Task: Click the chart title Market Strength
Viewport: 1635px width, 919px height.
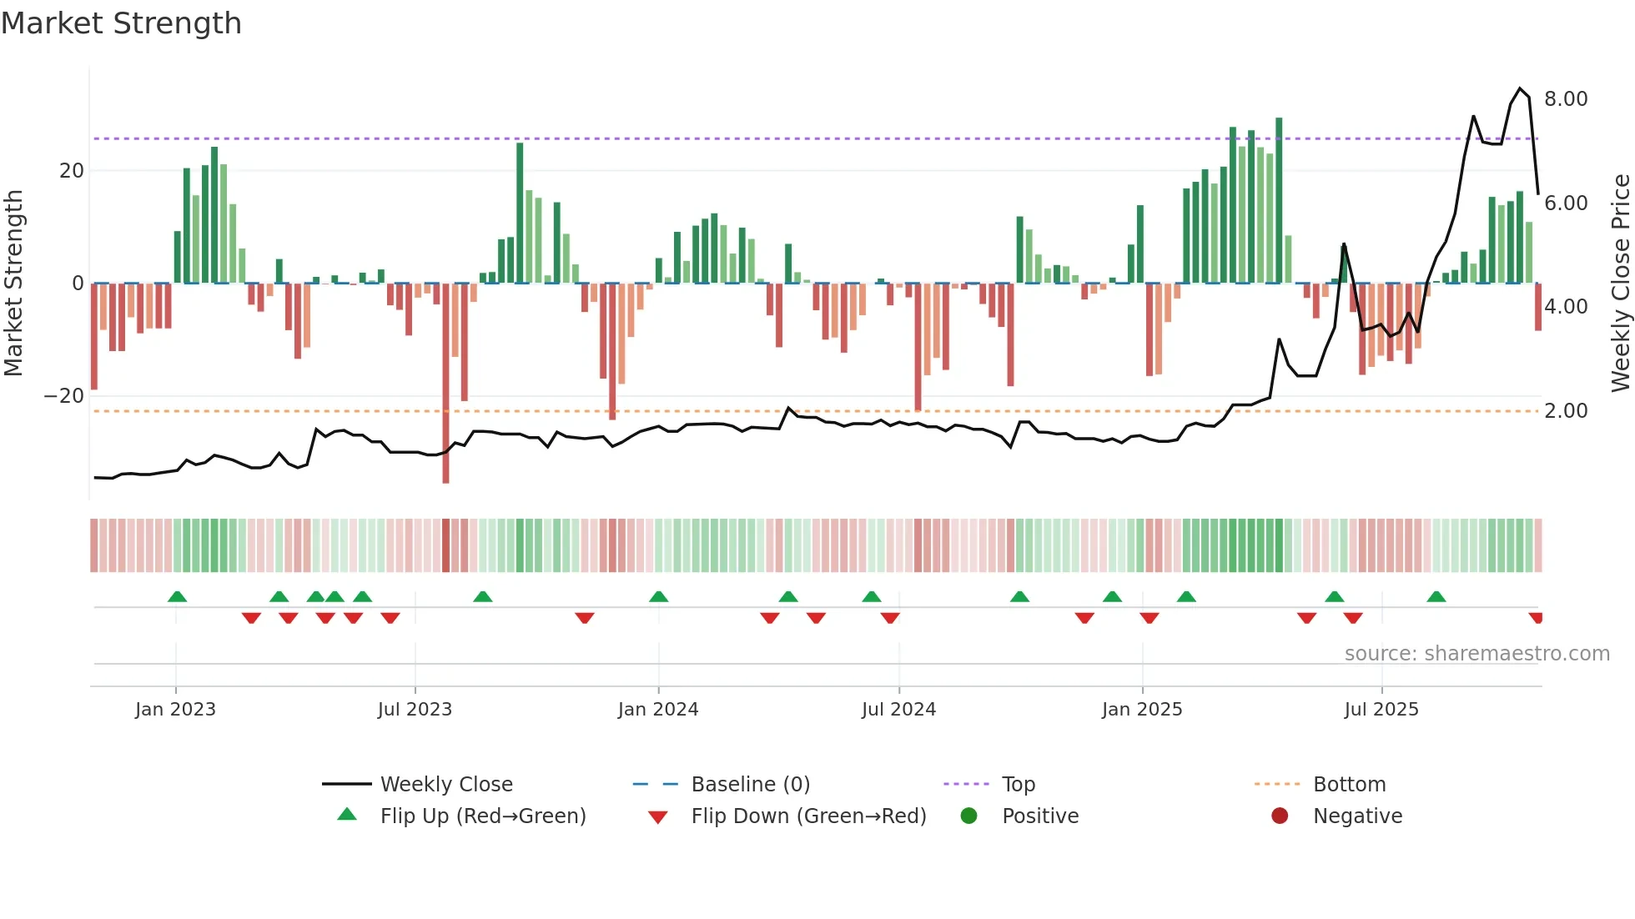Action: click(121, 23)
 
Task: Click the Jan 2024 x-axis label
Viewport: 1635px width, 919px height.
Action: click(657, 710)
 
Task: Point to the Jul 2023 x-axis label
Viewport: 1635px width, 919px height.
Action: click(415, 710)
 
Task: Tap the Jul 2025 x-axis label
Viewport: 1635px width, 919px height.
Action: click(1381, 710)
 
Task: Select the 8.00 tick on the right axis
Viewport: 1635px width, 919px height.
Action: click(1565, 99)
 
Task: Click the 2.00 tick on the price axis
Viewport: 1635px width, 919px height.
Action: click(1565, 411)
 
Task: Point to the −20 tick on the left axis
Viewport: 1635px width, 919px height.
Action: click(64, 396)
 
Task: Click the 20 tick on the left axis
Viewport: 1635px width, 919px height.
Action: click(72, 171)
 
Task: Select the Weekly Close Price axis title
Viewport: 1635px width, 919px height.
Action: click(1620, 283)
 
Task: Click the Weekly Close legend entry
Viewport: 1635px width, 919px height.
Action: click(445, 785)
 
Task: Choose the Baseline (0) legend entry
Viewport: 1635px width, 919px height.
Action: click(750, 785)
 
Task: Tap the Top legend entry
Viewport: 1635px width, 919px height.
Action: click(1018, 785)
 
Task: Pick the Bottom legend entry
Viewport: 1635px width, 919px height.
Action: click(1349, 785)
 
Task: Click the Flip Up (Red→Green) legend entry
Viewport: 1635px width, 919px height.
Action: click(482, 816)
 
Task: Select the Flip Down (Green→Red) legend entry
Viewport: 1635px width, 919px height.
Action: click(807, 816)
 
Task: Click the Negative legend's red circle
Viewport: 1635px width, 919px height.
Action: click(1280, 816)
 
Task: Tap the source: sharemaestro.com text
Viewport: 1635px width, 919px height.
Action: click(1477, 654)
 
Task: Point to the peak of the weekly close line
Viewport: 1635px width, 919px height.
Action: click(1520, 88)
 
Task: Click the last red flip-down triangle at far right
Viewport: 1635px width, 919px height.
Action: click(1536, 618)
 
